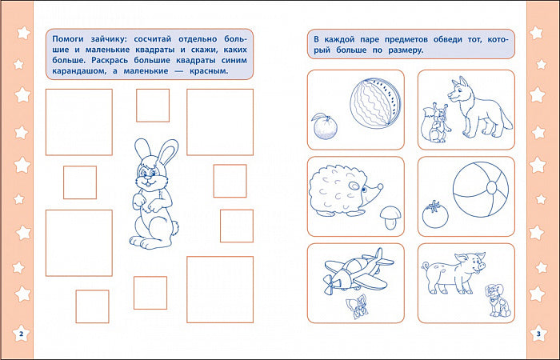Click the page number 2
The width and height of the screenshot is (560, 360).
tap(21, 334)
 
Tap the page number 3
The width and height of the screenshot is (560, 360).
tap(538, 334)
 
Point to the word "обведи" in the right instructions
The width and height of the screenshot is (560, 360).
tap(447, 39)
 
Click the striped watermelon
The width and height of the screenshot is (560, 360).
tap(375, 103)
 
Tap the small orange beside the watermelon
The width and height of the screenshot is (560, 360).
tap(325, 126)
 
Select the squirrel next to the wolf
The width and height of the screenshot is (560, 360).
tap(434, 123)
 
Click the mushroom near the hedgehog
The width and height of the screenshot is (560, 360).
tap(390, 217)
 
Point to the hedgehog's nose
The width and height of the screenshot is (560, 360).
tap(380, 186)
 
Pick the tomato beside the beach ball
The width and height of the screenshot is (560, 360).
tap(435, 214)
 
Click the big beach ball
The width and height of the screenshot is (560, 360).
tap(480, 190)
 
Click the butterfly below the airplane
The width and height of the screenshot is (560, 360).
tap(357, 306)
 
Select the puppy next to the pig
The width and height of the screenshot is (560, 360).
tap(499, 300)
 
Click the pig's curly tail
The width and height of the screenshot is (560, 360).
tap(426, 266)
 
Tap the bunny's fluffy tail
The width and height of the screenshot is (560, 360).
tap(175, 226)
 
